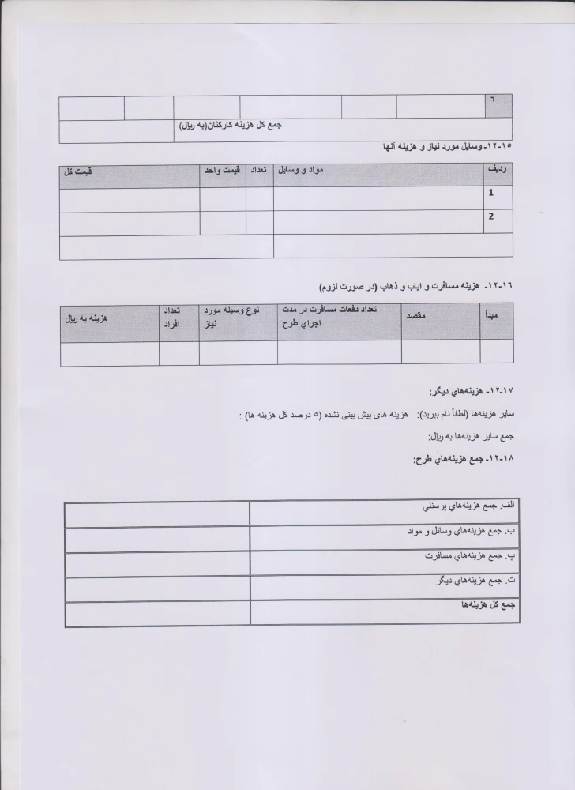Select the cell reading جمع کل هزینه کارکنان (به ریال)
[x=231, y=125]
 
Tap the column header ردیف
[x=498, y=170]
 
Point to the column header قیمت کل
[x=79, y=171]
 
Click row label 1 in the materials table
[x=492, y=193]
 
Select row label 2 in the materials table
[x=492, y=216]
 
